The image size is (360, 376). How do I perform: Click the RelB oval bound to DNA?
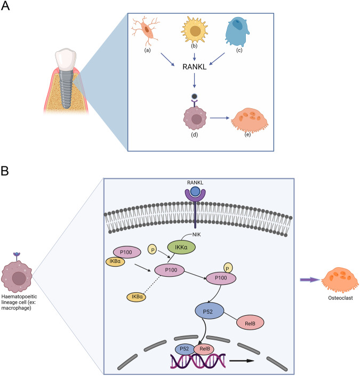[x=205, y=349]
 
